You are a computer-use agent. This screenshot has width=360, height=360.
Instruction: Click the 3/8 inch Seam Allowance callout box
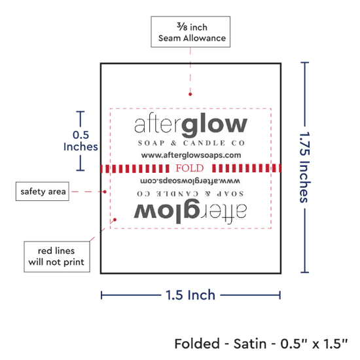190,32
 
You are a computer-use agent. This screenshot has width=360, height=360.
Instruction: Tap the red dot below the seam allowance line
190,94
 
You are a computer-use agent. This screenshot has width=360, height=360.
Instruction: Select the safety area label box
43,191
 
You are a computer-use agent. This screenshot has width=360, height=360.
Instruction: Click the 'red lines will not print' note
57,257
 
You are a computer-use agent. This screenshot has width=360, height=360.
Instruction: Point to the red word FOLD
190,168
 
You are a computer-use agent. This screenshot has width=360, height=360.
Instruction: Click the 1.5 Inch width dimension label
190,295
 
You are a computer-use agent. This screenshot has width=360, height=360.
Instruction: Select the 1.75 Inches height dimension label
305,167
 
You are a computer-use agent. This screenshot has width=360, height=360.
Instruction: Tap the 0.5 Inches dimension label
81,141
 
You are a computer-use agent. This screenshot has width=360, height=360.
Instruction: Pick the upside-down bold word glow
167,211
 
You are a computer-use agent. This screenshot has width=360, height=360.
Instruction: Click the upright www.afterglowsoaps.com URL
191,155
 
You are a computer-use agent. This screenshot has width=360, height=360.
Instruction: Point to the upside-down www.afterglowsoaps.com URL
190,181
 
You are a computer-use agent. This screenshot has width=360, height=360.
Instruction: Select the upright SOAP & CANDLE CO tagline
191,143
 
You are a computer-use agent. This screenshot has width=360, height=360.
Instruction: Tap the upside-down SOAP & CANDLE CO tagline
190,194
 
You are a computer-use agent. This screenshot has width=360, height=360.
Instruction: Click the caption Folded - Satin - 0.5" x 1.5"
261,344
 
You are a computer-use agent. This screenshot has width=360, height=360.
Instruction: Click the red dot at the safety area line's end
105,192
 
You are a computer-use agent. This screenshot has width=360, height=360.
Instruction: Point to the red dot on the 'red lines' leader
115,220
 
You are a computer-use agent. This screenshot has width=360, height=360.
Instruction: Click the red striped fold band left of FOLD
135,168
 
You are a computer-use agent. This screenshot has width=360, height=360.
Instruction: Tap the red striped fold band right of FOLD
246,168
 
